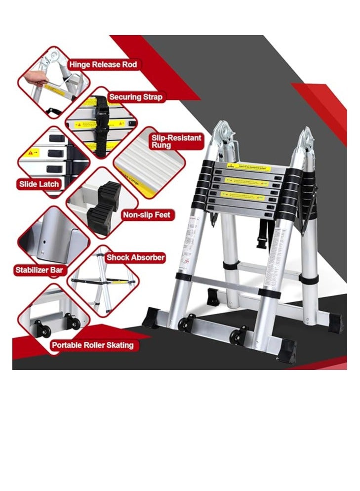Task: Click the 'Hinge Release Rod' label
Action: point(103,64)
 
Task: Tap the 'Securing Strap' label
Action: point(135,97)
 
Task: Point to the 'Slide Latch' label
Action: point(39,184)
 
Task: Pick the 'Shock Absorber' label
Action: point(135,257)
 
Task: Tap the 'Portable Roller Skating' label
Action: point(92,345)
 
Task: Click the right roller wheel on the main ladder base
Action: point(239,335)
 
